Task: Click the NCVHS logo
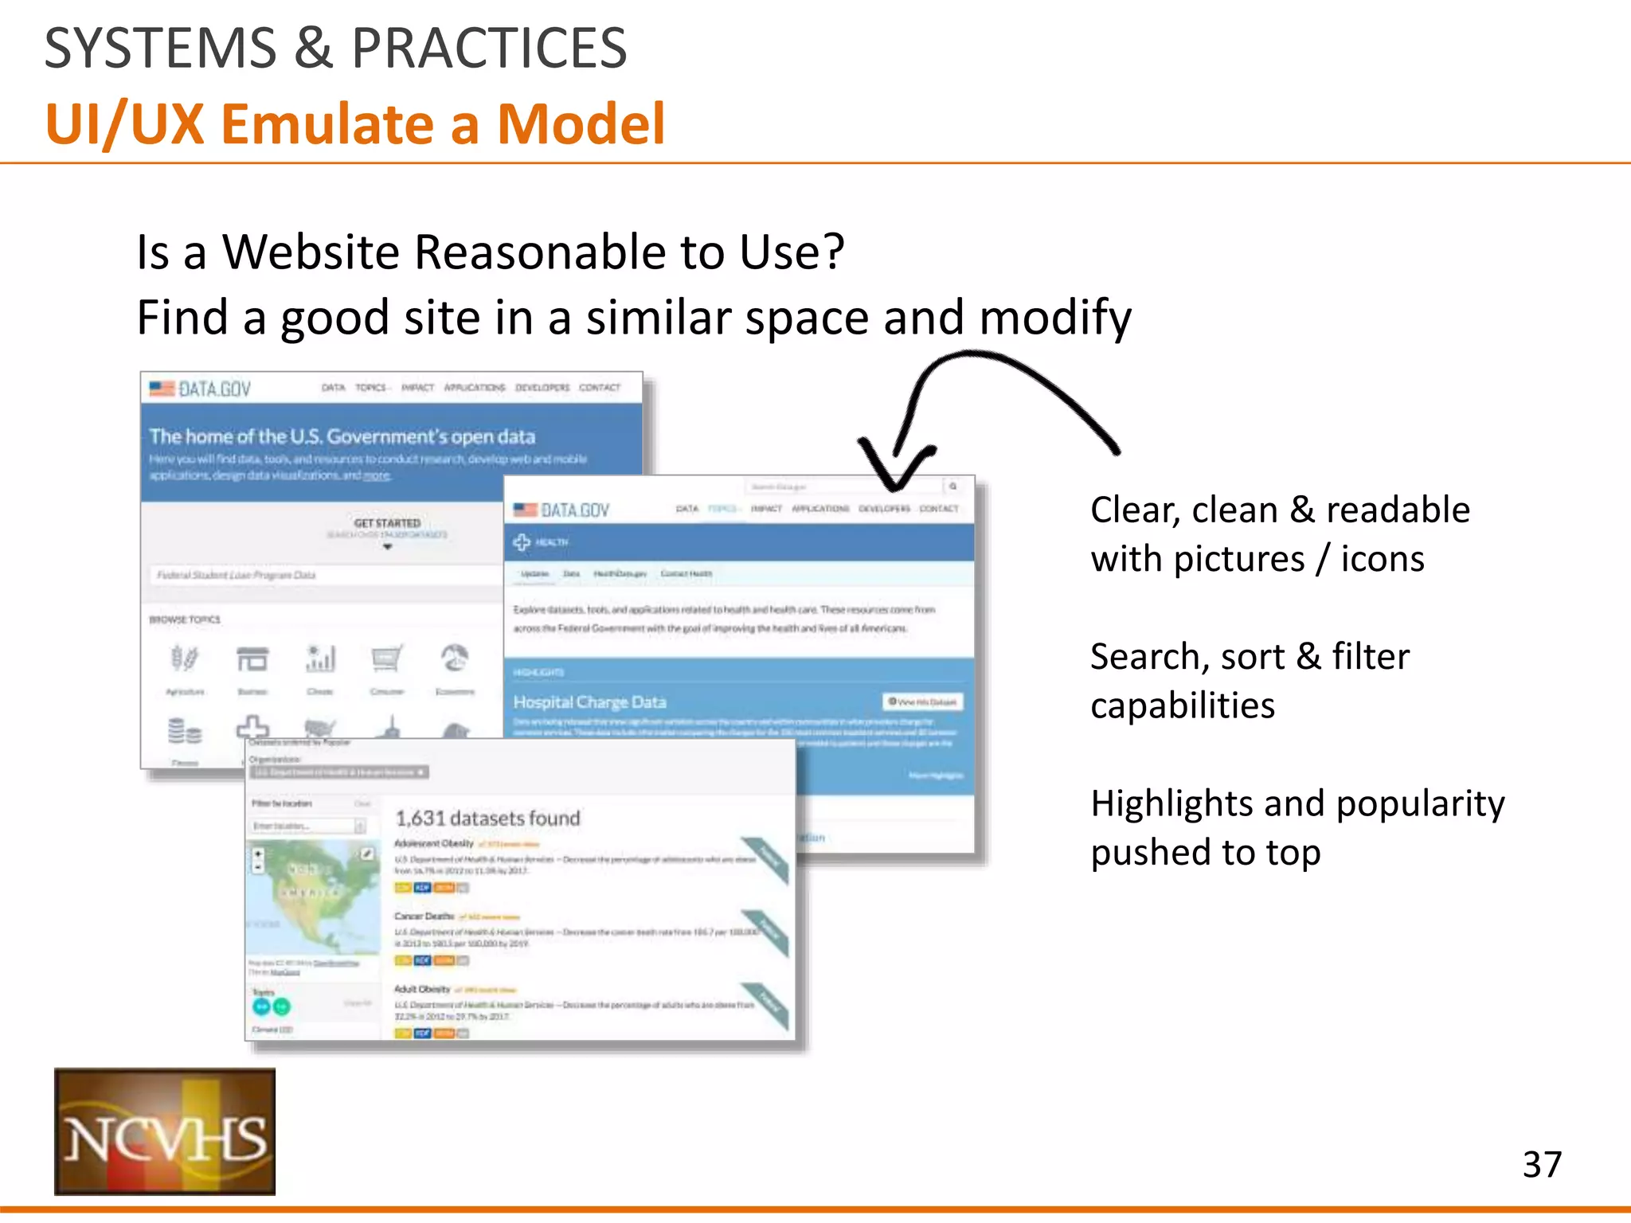tap(165, 1131)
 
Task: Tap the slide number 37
tap(1542, 1164)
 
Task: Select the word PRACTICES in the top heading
tap(489, 48)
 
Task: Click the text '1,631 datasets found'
tap(487, 818)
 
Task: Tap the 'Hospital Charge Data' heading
tap(589, 702)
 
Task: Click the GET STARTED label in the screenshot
tap(387, 523)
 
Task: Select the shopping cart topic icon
tap(387, 659)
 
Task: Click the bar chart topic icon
tap(320, 659)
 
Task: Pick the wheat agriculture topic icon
tap(184, 659)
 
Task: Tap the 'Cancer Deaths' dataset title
tap(424, 916)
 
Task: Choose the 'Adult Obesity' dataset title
tap(422, 989)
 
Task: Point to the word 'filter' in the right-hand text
tap(1370, 657)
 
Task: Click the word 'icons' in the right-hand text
tap(1383, 559)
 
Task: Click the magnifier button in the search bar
tap(952, 486)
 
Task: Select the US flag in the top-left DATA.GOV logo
tap(162, 389)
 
